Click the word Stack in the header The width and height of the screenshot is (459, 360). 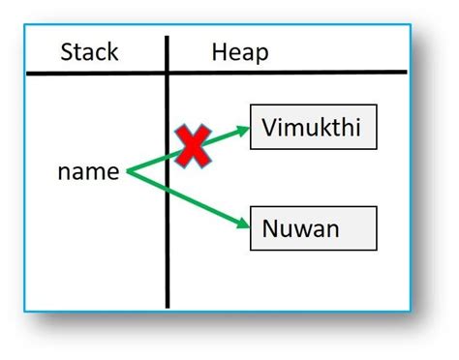point(89,51)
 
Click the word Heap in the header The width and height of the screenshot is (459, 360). point(239,51)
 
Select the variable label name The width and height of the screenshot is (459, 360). point(88,172)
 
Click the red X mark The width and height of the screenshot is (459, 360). point(194,146)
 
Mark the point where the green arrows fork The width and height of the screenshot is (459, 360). point(127,172)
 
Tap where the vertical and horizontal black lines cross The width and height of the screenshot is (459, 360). point(167,73)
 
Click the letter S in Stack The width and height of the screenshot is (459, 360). point(67,51)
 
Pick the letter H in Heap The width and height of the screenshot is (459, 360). point(219,51)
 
